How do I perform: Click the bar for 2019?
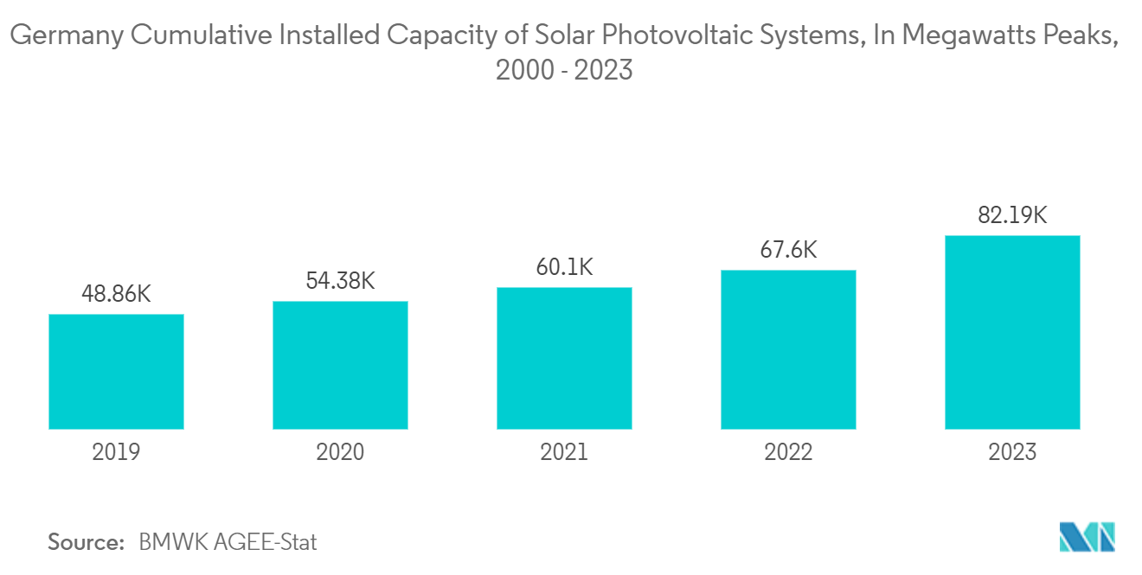point(116,371)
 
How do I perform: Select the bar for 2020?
point(340,365)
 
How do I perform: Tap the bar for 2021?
point(564,358)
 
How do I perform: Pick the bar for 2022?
point(788,349)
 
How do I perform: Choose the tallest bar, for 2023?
point(1012,332)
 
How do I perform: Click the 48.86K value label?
point(116,294)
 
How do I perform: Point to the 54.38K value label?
point(340,281)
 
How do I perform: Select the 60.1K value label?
point(564,267)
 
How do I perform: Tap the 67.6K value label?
point(788,250)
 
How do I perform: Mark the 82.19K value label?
point(1012,215)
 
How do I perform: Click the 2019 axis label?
point(116,451)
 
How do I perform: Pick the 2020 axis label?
point(340,451)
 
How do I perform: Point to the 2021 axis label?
point(564,451)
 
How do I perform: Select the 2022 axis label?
point(788,451)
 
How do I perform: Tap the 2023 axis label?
point(1012,451)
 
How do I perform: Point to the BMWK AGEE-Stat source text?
point(228,543)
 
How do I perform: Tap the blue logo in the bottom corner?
point(1087,537)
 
